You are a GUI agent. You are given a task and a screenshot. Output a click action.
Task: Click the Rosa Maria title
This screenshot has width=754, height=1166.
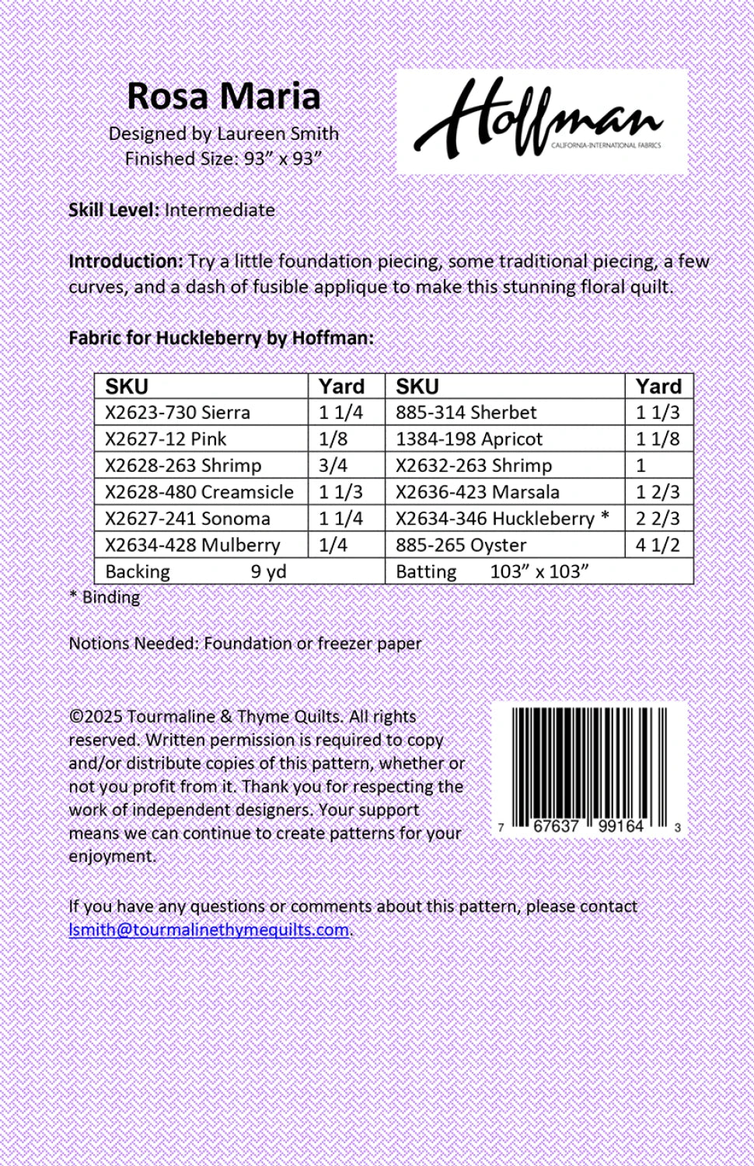pyautogui.click(x=223, y=96)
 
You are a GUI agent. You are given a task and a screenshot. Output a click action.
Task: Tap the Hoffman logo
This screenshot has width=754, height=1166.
pyautogui.click(x=542, y=121)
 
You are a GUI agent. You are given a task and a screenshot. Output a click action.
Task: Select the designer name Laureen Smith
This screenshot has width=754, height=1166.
pyautogui.click(x=278, y=134)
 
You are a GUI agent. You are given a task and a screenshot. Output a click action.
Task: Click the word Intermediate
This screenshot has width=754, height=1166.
pyautogui.click(x=219, y=210)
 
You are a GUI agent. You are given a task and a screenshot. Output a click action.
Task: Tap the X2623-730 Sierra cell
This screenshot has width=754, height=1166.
pyautogui.click(x=178, y=412)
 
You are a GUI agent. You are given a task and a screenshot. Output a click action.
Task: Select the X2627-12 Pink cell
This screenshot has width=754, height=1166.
pyautogui.click(x=166, y=438)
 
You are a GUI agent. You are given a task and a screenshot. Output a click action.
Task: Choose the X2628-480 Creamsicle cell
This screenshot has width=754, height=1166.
pyautogui.click(x=199, y=492)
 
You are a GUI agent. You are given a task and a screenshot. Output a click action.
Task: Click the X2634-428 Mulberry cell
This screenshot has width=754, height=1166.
pyautogui.click(x=192, y=545)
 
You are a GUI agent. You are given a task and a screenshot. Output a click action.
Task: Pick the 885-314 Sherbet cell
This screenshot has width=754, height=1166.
pyautogui.click(x=466, y=412)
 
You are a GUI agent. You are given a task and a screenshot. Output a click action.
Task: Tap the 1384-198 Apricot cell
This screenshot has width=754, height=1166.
pyautogui.click(x=469, y=438)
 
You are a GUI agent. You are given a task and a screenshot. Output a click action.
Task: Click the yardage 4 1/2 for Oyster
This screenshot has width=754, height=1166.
pyautogui.click(x=658, y=545)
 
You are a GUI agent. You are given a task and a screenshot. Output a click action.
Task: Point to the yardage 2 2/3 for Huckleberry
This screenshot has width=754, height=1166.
pyautogui.click(x=658, y=518)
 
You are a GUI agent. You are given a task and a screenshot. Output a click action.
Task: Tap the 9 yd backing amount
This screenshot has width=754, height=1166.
pyautogui.click(x=268, y=571)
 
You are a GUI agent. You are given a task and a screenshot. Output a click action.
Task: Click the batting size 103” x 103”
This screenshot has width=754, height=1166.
pyautogui.click(x=539, y=571)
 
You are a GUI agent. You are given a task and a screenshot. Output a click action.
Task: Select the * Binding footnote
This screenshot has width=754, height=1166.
pyautogui.click(x=105, y=597)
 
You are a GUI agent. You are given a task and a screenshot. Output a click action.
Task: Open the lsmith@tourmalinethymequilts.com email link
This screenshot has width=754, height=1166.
pyautogui.click(x=208, y=930)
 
